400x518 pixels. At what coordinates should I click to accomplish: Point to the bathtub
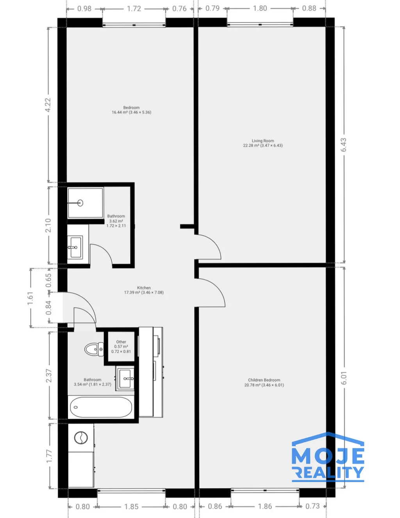click(101, 407)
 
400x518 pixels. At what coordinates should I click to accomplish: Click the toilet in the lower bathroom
click(94, 349)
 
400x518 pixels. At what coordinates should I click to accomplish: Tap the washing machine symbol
click(81, 438)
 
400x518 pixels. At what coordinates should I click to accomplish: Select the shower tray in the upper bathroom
click(85, 203)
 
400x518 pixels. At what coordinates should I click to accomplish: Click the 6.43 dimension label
click(343, 145)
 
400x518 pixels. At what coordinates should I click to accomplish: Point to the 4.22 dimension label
click(48, 105)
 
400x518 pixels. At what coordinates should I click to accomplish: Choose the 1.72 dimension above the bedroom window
click(134, 9)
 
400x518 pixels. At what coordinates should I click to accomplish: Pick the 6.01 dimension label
click(344, 378)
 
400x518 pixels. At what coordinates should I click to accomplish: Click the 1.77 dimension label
click(49, 456)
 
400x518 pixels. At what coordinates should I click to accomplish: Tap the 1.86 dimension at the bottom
click(265, 506)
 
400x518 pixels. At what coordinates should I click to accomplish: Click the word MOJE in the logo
click(328, 456)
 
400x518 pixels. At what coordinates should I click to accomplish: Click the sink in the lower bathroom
click(125, 378)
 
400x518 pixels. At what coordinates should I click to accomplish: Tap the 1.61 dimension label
click(30, 298)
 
